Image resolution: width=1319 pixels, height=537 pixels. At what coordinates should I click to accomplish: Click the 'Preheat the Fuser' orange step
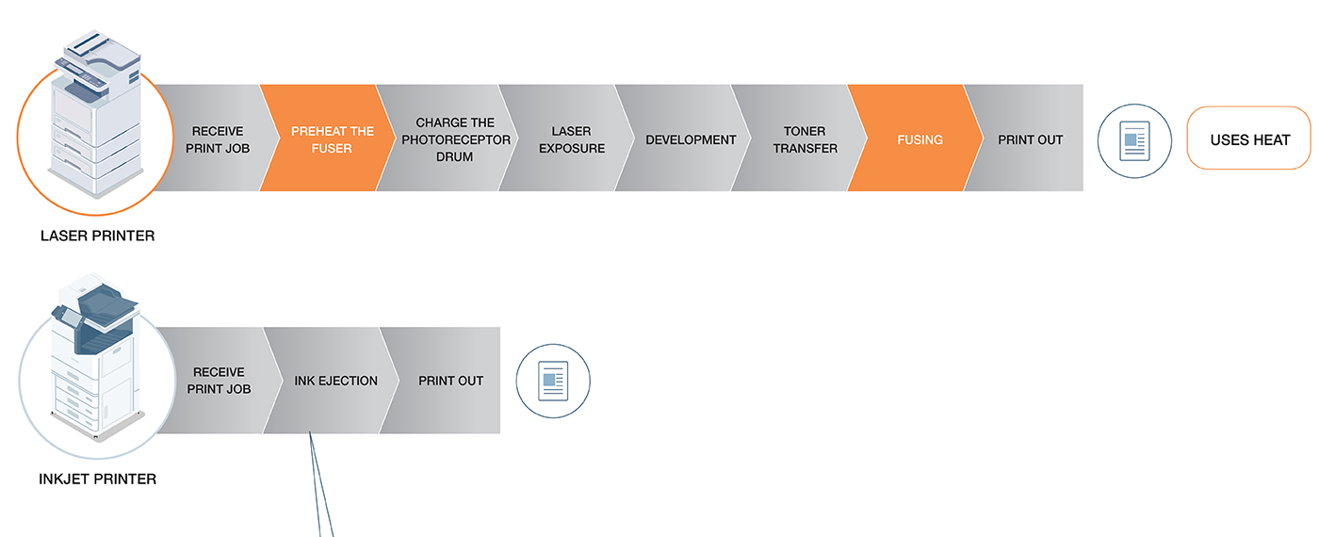point(328,138)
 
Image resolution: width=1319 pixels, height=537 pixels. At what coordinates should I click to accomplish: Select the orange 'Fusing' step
point(916,138)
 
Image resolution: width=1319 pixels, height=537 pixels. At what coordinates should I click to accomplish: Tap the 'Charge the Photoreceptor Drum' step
point(448,138)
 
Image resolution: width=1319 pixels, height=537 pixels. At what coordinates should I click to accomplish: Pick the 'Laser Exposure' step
point(566,138)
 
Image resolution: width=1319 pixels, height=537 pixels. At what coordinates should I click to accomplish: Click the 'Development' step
point(683,138)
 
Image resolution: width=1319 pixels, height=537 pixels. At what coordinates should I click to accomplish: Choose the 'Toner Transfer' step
point(800,138)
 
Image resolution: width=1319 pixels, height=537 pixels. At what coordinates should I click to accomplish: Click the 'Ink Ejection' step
point(331,381)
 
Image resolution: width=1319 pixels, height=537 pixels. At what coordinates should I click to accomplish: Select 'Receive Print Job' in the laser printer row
point(218,139)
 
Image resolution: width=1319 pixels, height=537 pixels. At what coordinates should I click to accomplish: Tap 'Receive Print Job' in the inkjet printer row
point(219,381)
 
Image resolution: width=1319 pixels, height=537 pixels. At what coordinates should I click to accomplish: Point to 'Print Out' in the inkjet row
point(447,381)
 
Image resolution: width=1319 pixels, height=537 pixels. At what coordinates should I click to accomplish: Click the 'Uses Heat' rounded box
point(1249,138)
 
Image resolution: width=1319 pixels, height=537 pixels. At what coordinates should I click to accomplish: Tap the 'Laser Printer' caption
point(98,236)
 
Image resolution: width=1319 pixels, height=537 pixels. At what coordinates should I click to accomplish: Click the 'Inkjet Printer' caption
point(98,480)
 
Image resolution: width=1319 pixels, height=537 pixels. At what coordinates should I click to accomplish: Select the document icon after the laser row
point(1134,140)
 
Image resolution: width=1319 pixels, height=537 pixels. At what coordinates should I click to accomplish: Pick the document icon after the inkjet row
point(553,381)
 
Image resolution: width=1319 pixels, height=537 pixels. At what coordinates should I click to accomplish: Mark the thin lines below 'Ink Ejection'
point(321,484)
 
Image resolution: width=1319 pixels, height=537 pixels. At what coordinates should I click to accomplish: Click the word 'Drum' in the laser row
point(454,157)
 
